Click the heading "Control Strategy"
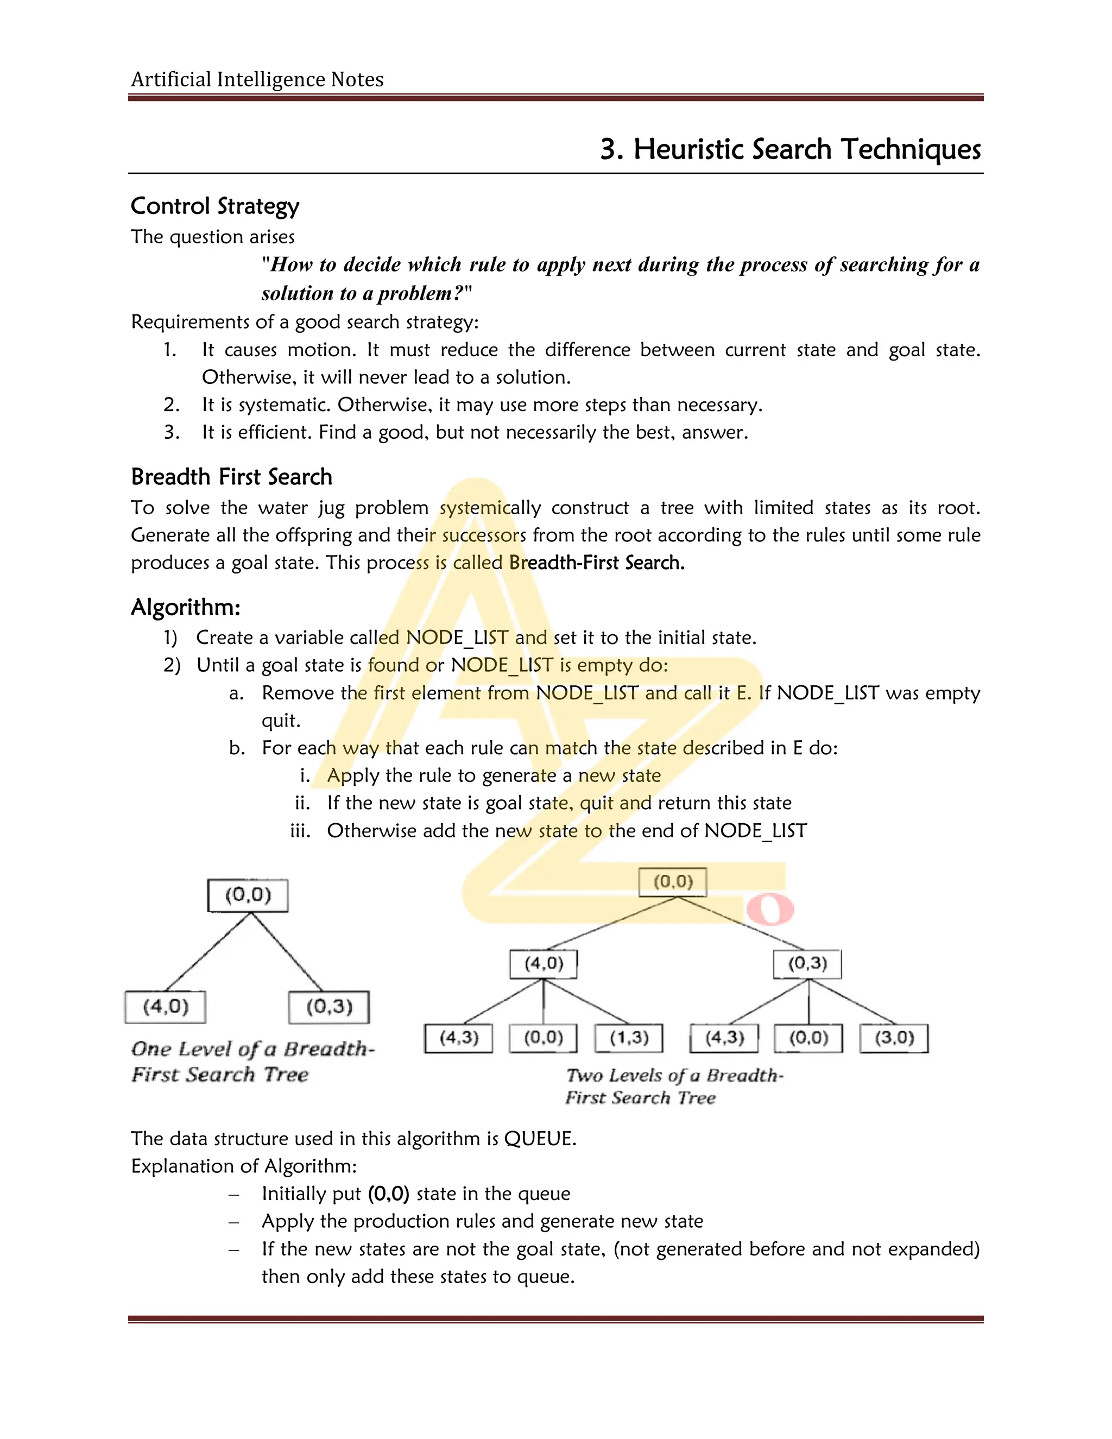(x=215, y=206)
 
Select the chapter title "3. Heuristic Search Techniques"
(x=790, y=149)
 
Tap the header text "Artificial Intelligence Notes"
(x=257, y=80)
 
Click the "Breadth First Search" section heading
(x=231, y=476)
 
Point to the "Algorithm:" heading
(x=186, y=607)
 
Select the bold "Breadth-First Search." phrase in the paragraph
(x=597, y=562)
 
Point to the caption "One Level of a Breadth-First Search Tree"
(x=252, y=1061)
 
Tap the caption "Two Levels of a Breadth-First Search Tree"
(x=674, y=1086)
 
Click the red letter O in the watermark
(x=769, y=910)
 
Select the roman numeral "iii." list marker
(x=300, y=830)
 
